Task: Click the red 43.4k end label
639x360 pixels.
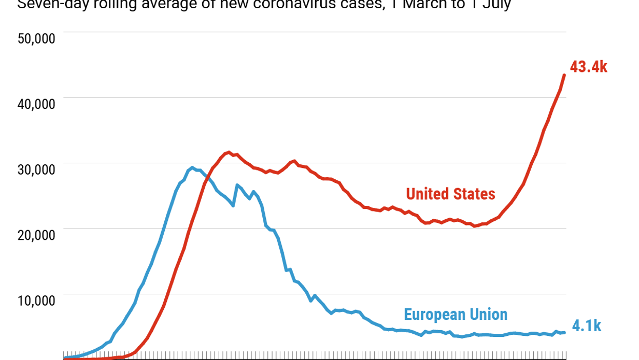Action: (x=588, y=67)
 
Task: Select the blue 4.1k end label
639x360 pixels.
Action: (x=586, y=326)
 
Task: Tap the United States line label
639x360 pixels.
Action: (x=451, y=194)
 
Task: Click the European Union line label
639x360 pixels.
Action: (x=455, y=314)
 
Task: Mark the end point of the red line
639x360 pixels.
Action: (x=565, y=75)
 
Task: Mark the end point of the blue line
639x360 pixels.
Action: (x=565, y=332)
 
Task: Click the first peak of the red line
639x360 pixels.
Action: (x=229, y=153)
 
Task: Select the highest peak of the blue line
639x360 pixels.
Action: (x=192, y=167)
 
